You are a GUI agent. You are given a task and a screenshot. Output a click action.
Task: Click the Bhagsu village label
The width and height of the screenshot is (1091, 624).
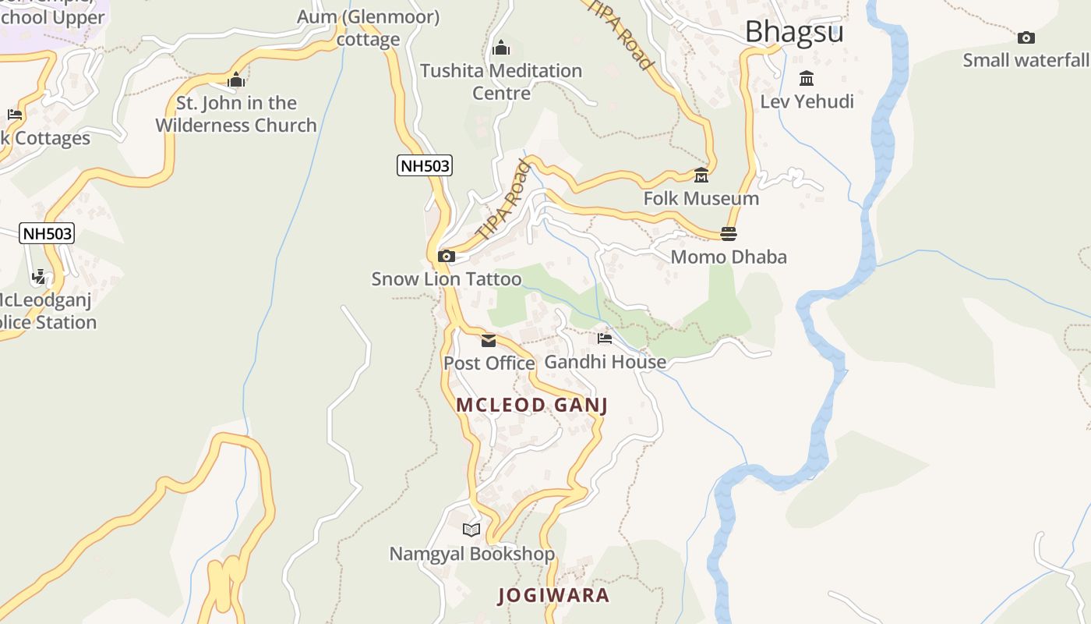(794, 32)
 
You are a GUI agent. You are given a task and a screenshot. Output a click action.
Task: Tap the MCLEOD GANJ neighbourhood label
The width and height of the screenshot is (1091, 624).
(531, 405)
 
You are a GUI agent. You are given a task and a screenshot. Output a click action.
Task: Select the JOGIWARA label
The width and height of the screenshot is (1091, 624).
(553, 595)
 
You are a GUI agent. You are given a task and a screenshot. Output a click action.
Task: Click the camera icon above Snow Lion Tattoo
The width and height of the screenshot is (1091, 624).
(447, 256)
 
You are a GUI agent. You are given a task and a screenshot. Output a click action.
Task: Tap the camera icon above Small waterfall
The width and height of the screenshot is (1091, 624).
(1026, 37)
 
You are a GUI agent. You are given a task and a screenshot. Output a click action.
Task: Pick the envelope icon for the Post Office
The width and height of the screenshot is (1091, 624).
(489, 341)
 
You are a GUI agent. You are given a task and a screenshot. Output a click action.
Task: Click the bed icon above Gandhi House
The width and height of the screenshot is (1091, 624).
(605, 339)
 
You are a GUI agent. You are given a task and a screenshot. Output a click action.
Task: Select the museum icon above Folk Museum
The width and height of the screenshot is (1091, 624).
(701, 175)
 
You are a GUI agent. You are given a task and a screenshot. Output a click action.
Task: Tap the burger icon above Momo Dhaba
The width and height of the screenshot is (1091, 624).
(729, 233)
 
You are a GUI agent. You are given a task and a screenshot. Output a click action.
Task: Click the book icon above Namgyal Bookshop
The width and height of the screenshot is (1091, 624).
(471, 530)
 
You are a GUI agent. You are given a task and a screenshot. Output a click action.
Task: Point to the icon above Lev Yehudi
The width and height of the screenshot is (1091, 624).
(807, 79)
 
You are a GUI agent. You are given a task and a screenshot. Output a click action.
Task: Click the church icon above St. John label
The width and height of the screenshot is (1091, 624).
(236, 80)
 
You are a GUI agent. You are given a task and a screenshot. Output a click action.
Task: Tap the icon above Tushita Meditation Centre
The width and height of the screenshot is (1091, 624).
(501, 48)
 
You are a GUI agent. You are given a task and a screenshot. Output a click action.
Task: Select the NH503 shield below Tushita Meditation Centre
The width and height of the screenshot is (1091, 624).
(425, 165)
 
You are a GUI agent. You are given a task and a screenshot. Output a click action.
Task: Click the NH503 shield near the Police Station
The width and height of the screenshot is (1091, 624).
(47, 233)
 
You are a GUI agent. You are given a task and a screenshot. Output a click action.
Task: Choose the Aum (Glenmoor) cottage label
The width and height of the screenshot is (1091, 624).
(368, 28)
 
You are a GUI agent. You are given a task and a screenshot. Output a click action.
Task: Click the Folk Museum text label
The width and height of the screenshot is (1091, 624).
(701, 198)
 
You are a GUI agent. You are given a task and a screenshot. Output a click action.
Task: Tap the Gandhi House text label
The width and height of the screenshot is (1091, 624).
(605, 362)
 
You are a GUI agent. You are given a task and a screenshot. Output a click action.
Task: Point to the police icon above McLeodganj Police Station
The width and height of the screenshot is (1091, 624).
(39, 277)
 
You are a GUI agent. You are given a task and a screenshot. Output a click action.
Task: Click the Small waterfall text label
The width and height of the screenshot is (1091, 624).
(1026, 60)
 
